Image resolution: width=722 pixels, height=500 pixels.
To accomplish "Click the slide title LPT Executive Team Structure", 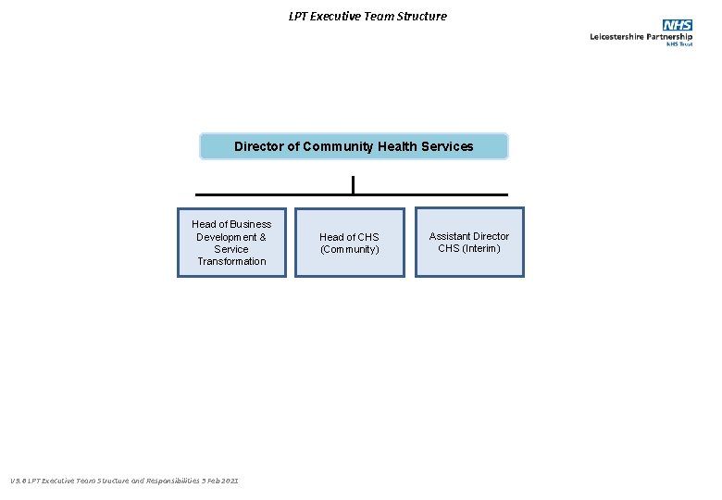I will [367, 16].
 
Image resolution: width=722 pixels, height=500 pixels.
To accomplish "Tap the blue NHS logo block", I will [677, 25].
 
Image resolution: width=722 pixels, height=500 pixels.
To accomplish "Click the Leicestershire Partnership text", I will [641, 37].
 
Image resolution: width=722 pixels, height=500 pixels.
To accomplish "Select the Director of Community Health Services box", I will [354, 146].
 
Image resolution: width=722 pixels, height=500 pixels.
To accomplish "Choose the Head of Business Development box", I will [231, 243].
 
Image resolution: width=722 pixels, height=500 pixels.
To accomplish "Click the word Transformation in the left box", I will [231, 261].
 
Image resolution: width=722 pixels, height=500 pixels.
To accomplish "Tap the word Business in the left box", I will [250, 224].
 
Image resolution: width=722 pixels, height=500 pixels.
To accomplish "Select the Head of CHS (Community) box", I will [350, 243].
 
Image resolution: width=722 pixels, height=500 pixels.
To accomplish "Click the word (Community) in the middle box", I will [350, 249].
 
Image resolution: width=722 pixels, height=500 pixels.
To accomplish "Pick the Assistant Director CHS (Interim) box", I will [469, 243].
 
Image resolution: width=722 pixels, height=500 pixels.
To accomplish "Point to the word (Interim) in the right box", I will [481, 248].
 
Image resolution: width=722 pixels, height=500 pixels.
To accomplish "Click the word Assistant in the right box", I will [450, 236].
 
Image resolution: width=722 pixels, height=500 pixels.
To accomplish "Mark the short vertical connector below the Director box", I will [353, 184].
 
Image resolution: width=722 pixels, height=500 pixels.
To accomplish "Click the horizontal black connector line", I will [278, 194].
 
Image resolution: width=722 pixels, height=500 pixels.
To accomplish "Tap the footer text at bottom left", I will [124, 481].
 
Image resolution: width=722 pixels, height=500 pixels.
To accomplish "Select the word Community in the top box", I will [338, 146].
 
